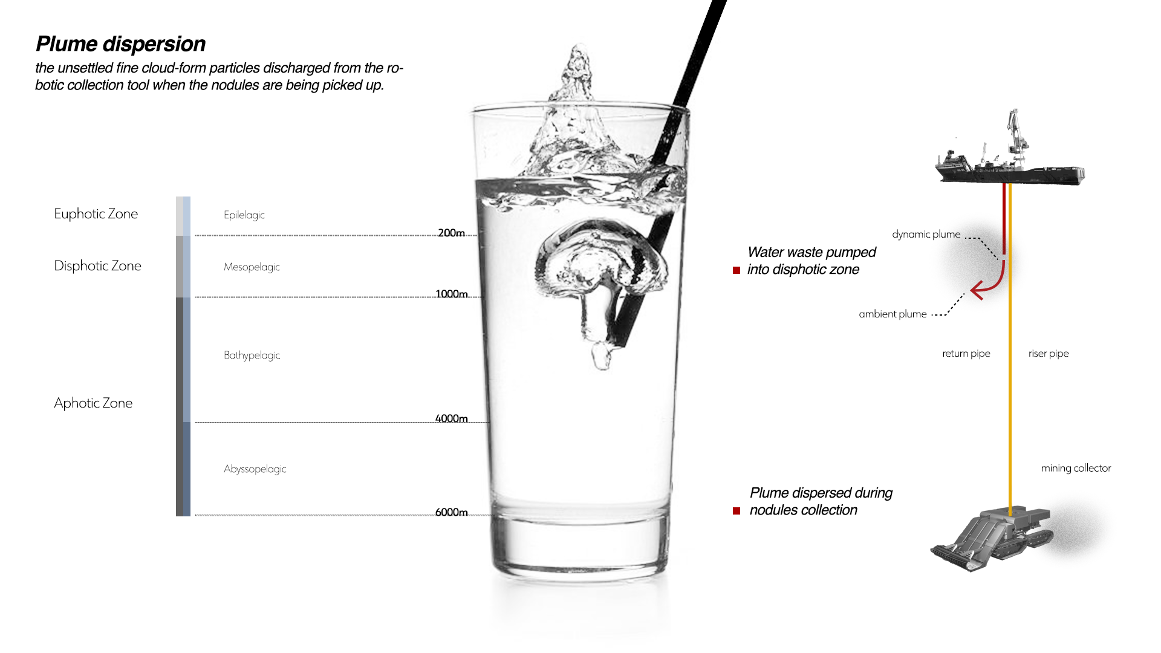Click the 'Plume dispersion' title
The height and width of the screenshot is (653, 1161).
(120, 44)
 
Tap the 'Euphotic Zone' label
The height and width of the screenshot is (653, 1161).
(96, 214)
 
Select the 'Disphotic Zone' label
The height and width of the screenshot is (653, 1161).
(97, 266)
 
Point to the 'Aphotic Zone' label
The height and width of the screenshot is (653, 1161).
(93, 403)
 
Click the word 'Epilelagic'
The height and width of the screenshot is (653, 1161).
(244, 215)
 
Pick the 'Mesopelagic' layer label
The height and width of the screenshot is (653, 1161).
(252, 267)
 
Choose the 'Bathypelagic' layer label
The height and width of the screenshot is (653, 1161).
(252, 356)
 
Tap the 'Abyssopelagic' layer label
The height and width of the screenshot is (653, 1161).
(255, 469)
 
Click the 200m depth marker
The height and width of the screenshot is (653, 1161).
(451, 233)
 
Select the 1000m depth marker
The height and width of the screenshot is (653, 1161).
(451, 294)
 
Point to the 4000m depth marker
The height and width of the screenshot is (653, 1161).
(451, 418)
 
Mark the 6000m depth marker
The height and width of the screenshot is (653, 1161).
(451, 512)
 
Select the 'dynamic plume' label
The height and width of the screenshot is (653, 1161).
(926, 235)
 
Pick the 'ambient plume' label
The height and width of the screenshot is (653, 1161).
(893, 314)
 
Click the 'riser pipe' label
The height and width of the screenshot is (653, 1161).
(1049, 354)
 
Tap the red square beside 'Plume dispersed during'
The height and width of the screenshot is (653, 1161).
(737, 511)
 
